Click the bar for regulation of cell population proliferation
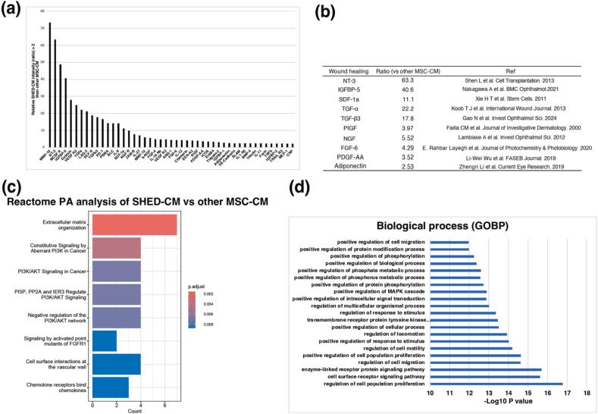click(x=496, y=384)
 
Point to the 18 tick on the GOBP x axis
click(x=587, y=394)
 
